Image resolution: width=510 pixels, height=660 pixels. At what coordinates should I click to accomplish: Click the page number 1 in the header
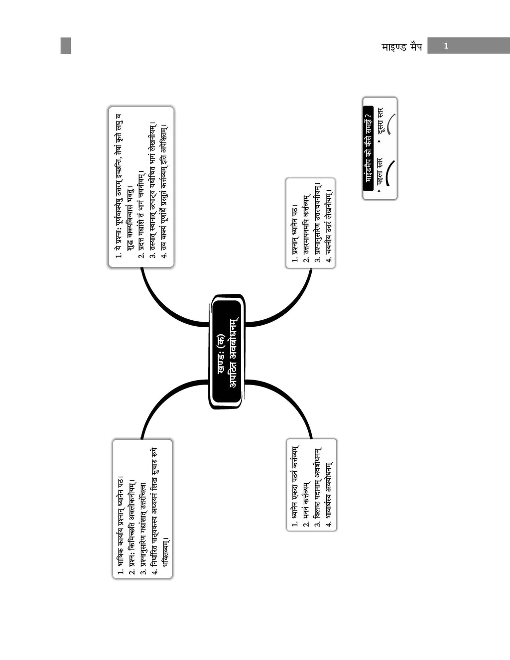click(446, 46)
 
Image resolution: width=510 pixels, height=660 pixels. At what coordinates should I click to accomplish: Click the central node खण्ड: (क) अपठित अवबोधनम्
click(227, 352)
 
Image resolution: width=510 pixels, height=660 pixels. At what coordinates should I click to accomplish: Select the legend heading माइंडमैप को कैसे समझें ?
click(368, 148)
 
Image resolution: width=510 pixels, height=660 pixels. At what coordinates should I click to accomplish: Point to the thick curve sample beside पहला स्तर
click(390, 172)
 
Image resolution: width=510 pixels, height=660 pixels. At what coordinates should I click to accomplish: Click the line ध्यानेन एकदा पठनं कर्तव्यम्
click(295, 486)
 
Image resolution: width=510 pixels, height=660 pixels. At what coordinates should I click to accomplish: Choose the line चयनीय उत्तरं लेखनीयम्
click(329, 226)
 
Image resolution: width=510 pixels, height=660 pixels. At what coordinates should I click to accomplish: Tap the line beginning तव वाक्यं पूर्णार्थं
click(164, 191)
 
